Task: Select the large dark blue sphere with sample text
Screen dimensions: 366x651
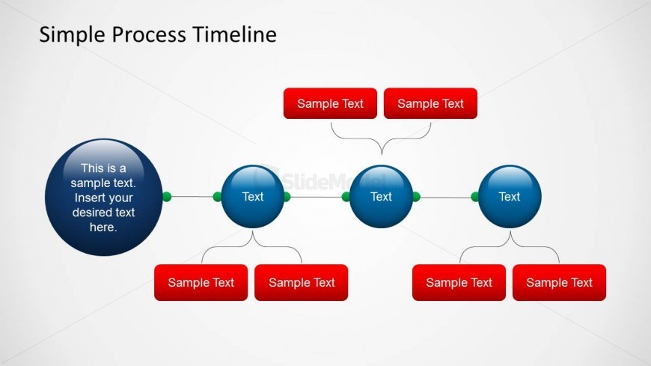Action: pos(103,198)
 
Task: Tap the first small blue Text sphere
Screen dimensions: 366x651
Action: pos(253,196)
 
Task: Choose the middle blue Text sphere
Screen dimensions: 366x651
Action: pos(381,196)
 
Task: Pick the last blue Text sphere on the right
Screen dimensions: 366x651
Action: pos(509,196)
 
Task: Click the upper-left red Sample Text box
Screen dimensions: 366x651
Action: pos(330,103)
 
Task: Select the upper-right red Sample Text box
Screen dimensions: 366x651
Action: pos(430,103)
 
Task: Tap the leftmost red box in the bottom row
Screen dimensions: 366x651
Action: pos(201,282)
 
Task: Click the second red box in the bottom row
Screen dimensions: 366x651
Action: pos(301,282)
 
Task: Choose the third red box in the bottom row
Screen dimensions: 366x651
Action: pos(459,282)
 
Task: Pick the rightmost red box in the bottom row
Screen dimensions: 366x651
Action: pos(559,282)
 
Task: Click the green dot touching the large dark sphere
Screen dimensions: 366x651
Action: pos(167,197)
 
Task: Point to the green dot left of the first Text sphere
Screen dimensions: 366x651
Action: pos(218,197)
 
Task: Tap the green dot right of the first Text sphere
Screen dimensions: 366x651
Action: pos(287,197)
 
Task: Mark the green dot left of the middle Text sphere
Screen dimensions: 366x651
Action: pos(346,197)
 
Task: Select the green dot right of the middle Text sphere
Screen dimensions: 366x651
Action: pos(416,197)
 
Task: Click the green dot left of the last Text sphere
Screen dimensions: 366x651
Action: pos(475,197)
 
